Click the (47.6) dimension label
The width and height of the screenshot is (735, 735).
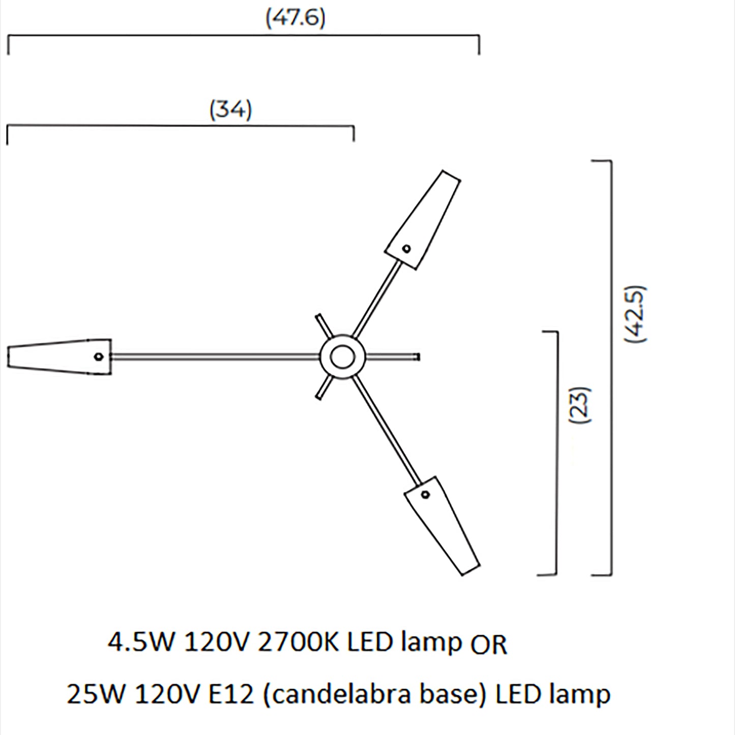coord(295,18)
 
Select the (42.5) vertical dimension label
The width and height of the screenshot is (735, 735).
coord(636,314)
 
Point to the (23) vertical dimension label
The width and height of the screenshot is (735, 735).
coord(581,405)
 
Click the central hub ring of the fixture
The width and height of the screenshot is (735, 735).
coord(342,357)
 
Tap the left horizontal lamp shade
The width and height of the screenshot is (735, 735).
coord(58,356)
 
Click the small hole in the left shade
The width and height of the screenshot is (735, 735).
coord(99,357)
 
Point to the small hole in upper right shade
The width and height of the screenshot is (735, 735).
coord(406,249)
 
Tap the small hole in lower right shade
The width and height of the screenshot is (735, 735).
coord(425,494)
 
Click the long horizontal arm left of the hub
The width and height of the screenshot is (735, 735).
coord(214,357)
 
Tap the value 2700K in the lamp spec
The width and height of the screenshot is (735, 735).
coord(298,642)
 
